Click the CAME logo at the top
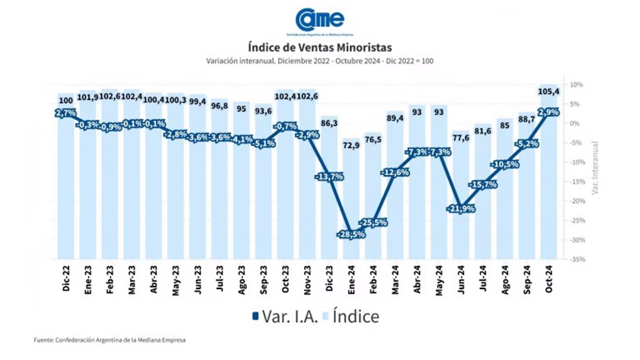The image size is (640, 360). tap(320, 21)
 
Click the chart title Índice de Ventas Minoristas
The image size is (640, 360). tap(319, 47)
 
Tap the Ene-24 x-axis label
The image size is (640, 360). tap(351, 279)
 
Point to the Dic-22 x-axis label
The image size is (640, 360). tap(66, 279)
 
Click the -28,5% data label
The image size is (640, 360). tap(350, 234)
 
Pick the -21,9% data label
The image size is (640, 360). tap(460, 208)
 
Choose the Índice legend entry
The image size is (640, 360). tap(349, 317)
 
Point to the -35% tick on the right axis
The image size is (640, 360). tap(576, 259)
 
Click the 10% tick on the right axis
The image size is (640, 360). tap(576, 85)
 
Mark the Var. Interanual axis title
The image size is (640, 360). tap(595, 169)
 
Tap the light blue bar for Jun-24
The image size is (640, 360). tap(460, 239)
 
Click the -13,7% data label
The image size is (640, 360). tap(328, 176)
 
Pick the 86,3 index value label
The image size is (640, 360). tap(328, 122)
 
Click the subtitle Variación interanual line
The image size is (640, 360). tap(319, 61)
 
